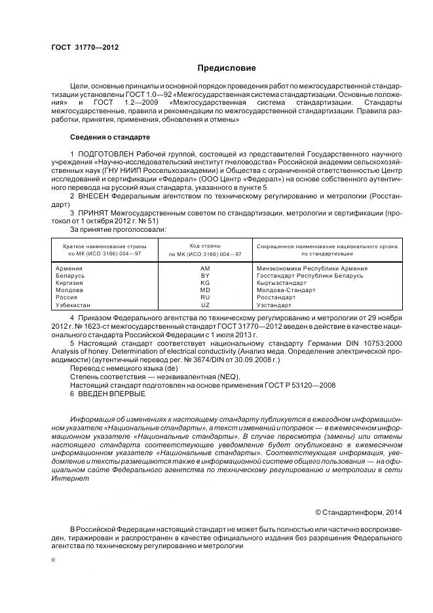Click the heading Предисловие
tap(227, 68)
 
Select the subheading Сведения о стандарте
tap(110, 138)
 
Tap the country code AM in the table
tap(205, 268)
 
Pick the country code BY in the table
tap(205, 276)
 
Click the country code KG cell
tap(205, 283)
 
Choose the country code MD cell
tap(205, 290)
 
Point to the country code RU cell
tap(205, 297)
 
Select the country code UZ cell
tap(205, 305)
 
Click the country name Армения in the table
tap(69, 268)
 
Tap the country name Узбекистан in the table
tap(74, 305)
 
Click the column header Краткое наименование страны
tap(105, 246)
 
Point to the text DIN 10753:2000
tap(376, 343)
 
